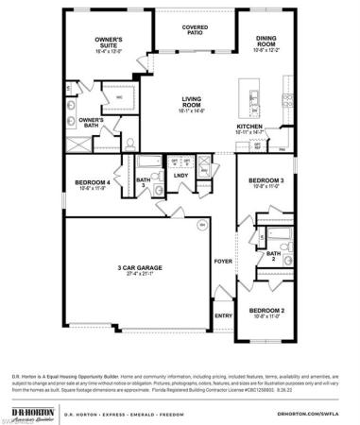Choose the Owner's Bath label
(x=91, y=121)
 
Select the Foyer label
(x=223, y=261)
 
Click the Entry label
(x=223, y=315)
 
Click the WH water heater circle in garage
(x=200, y=225)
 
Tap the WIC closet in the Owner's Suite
(x=120, y=96)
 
